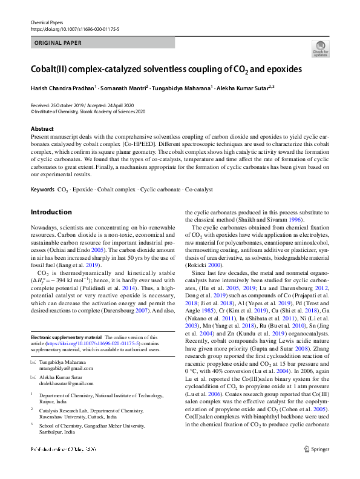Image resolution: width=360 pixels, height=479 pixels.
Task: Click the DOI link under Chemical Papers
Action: pos(74,29)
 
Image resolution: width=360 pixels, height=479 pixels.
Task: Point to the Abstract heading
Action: pos(43,129)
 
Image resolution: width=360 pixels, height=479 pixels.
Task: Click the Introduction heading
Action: pos(51,212)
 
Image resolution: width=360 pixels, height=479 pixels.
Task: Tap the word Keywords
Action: pos(42,190)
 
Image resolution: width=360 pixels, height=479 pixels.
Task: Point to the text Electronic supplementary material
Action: pos(66,336)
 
